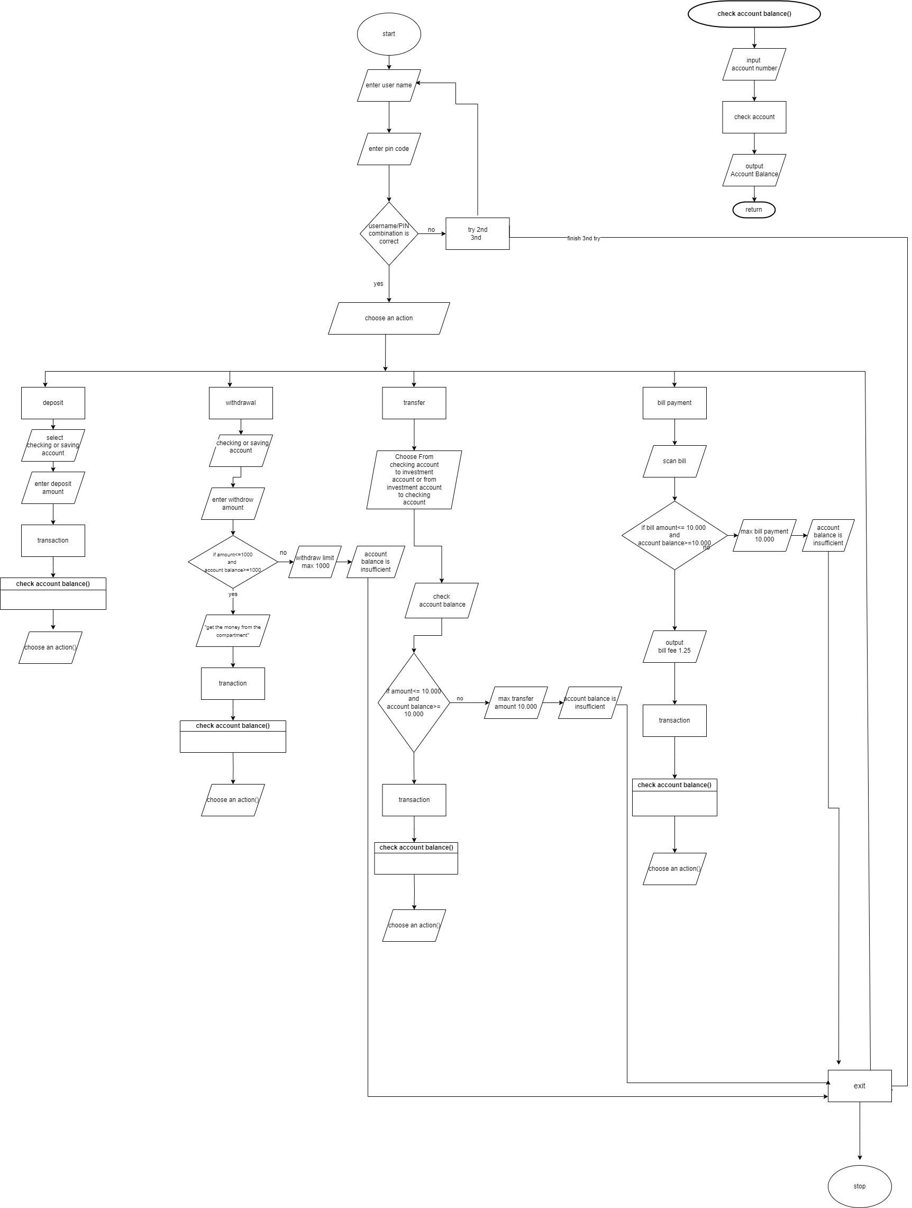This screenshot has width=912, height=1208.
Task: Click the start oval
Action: (389, 34)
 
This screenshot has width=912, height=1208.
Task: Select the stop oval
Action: (859, 1186)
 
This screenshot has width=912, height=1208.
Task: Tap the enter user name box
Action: (389, 85)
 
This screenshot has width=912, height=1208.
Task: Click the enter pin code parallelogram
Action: (389, 149)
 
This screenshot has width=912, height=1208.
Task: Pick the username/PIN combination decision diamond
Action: (389, 234)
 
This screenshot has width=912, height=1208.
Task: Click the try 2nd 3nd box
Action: (477, 234)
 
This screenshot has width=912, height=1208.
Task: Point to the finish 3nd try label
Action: (583, 238)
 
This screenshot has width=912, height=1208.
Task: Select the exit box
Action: (859, 1086)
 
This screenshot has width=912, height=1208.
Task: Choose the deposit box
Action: (53, 403)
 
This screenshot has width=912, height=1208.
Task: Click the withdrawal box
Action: (241, 403)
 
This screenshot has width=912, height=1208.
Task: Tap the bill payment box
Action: (674, 403)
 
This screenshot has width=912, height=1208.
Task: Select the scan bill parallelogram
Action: (674, 461)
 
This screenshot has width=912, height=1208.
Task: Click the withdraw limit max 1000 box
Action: (315, 562)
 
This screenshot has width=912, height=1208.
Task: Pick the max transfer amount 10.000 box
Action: (516, 702)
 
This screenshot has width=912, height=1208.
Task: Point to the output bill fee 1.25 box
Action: (674, 646)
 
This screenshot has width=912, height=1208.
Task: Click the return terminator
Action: (754, 210)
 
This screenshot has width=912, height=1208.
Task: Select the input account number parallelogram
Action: (754, 65)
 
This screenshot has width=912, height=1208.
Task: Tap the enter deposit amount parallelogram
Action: (53, 488)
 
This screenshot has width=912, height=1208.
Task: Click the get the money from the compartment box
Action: (233, 631)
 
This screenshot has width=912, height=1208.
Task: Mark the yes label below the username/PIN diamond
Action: (378, 284)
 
